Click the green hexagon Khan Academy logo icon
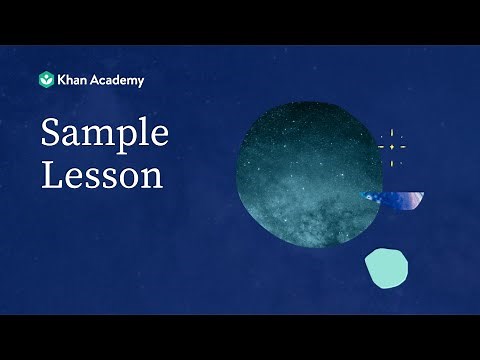pyautogui.click(x=46, y=80)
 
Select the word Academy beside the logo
pyautogui.click(x=118, y=80)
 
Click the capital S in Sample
pyautogui.click(x=50, y=135)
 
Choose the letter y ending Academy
pyautogui.click(x=140, y=82)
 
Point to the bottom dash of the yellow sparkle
pyautogui.click(x=391, y=162)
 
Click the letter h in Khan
pyautogui.click(x=70, y=80)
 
